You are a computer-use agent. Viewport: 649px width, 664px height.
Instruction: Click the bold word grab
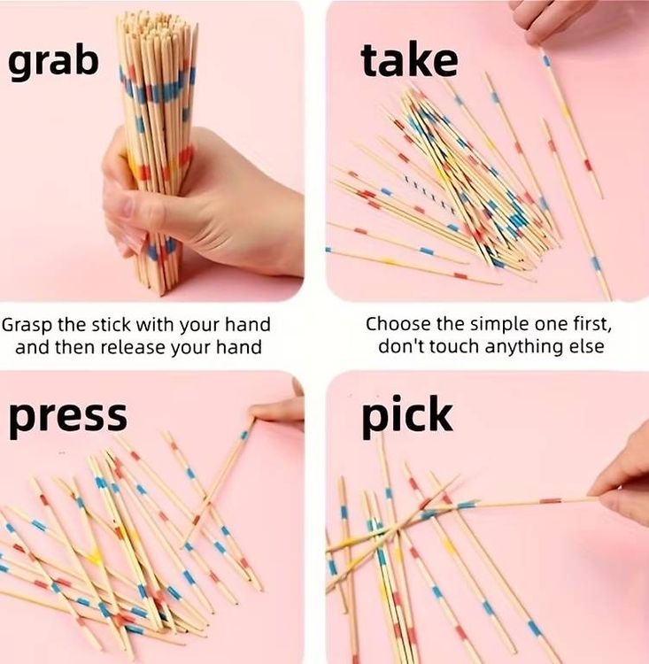point(53,63)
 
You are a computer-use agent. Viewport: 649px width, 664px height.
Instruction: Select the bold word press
point(68,417)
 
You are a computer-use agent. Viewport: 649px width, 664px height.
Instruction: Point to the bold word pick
point(407,416)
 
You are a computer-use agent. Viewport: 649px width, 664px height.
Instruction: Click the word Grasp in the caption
point(27,325)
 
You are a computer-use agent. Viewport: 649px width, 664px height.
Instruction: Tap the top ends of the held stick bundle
point(158,23)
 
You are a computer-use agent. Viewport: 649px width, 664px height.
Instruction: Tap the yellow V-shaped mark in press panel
point(94,555)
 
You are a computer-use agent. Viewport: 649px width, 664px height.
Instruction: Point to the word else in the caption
point(587,347)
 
